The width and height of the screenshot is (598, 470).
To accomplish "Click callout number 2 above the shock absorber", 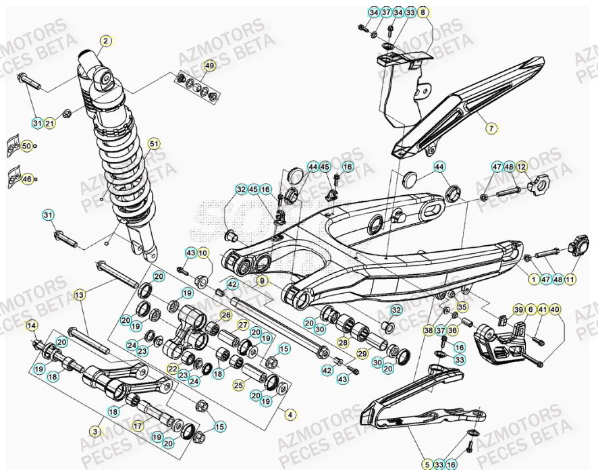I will pyautogui.click(x=105, y=41).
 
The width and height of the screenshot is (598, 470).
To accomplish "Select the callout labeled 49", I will pyautogui.click(x=209, y=66).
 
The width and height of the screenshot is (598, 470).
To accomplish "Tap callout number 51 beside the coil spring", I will pyautogui.click(x=155, y=143).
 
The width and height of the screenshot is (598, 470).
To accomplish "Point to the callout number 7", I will pyautogui.click(x=491, y=127).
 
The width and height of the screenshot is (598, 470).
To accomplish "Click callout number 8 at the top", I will pyautogui.click(x=423, y=12).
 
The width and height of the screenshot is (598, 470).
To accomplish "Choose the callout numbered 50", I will pyautogui.click(x=26, y=145).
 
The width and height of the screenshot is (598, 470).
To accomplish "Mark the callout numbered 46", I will pyautogui.click(x=27, y=179).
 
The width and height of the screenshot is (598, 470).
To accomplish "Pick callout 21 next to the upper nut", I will pyautogui.click(x=51, y=123).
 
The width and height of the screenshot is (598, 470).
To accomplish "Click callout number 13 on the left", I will pyautogui.click(x=79, y=295).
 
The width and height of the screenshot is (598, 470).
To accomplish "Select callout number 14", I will pyautogui.click(x=31, y=326).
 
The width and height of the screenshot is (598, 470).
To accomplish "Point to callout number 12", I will pyautogui.click(x=521, y=167).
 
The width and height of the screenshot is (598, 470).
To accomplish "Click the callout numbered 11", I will pyautogui.click(x=570, y=278).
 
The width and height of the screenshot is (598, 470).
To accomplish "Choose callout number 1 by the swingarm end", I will pyautogui.click(x=534, y=278).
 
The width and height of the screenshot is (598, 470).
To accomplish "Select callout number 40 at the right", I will pyautogui.click(x=555, y=309).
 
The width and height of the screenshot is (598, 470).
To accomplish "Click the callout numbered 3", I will pyautogui.click(x=95, y=429).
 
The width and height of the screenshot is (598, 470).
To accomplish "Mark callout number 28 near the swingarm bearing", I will pyautogui.click(x=343, y=343).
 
